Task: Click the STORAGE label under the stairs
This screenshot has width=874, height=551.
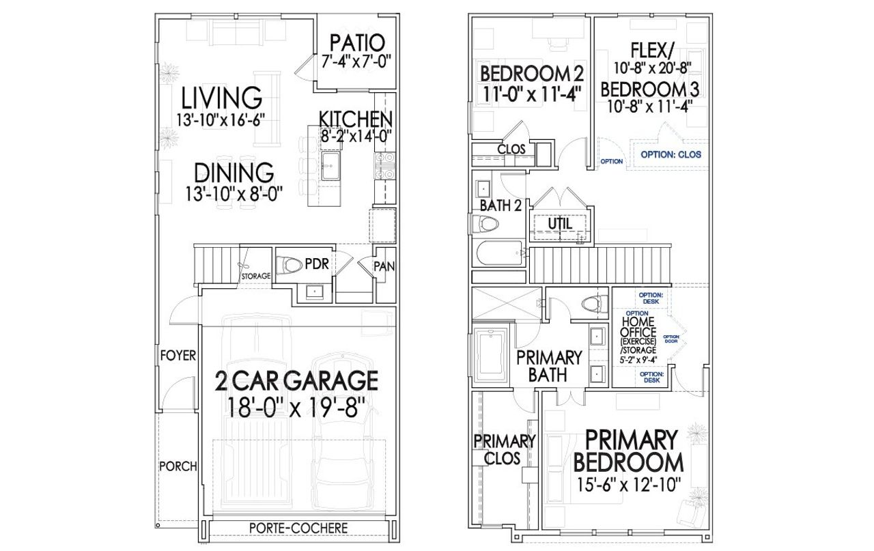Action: coord(256,276)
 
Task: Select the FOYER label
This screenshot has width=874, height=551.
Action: coord(178,356)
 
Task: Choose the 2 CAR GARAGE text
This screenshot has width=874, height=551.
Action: coord(296,380)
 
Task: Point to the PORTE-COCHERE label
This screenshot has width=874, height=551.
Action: coord(298,528)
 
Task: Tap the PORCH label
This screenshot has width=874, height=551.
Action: coord(178,467)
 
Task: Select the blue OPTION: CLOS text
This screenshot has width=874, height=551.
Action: coord(671,155)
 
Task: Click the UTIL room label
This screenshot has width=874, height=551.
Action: coord(560,223)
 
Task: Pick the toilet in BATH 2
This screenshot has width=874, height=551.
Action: coord(485,223)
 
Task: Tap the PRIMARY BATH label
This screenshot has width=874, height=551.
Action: coord(549,365)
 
